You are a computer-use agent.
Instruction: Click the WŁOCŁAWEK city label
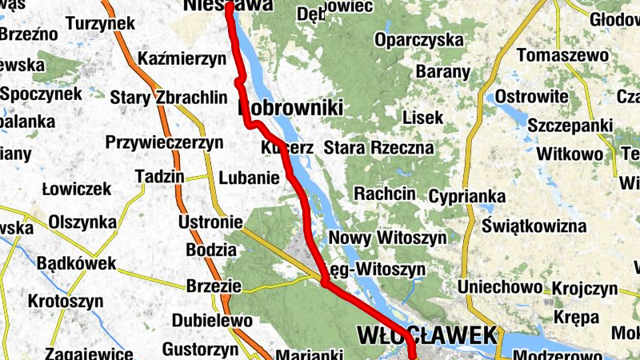click(x=428, y=334)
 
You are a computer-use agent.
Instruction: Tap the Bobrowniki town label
click(x=290, y=108)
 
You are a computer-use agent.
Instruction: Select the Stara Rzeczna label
click(x=378, y=148)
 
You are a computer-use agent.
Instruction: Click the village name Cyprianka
click(x=467, y=196)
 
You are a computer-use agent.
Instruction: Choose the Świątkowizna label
click(x=535, y=226)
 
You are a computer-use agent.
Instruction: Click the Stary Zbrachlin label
click(x=171, y=98)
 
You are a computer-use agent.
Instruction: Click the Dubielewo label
click(x=212, y=321)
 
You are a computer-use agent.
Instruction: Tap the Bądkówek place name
click(x=77, y=262)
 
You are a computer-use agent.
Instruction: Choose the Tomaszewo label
click(x=563, y=56)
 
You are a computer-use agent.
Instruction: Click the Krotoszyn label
click(x=66, y=302)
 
